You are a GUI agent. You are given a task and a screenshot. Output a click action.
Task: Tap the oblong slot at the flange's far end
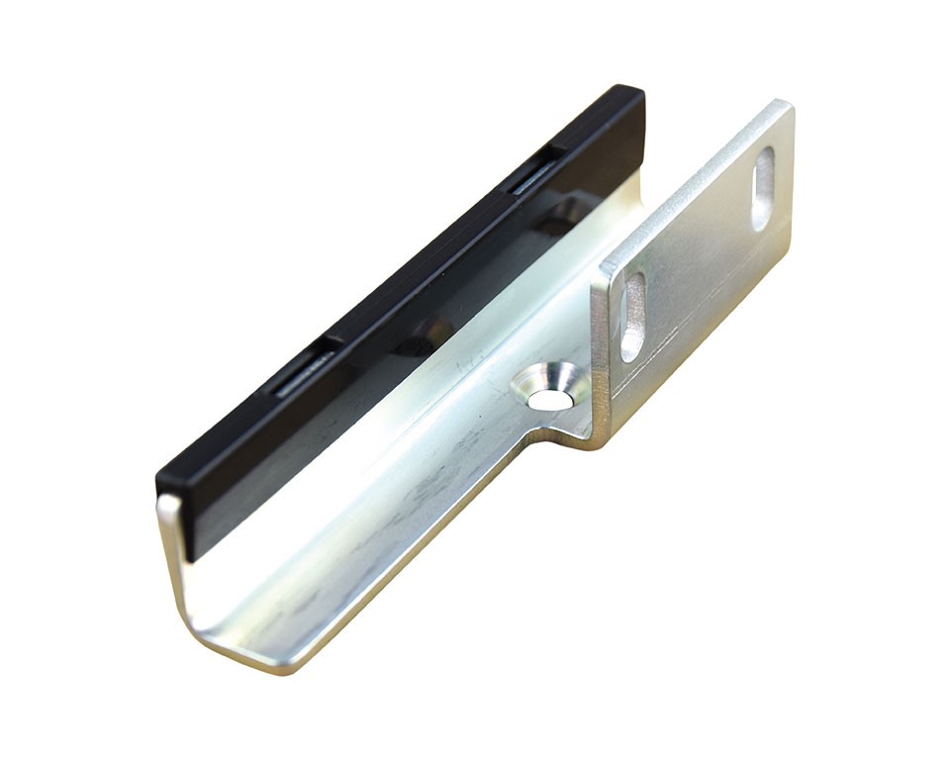point(763,188)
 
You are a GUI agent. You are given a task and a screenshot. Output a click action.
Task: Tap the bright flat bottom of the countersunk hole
point(547,398)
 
